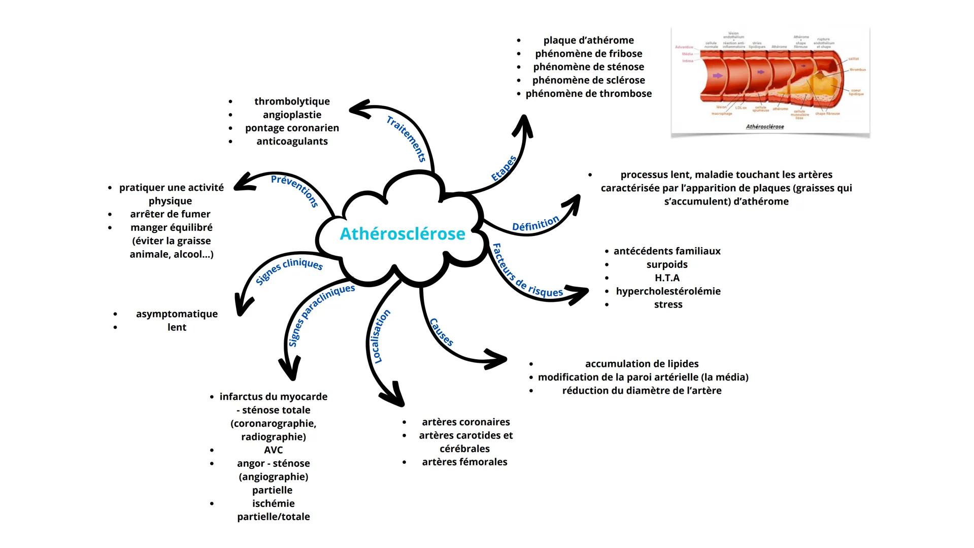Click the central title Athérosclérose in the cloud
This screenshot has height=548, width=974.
click(x=402, y=234)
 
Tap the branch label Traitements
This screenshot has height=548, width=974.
click(x=406, y=139)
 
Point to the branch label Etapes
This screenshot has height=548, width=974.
click(x=503, y=168)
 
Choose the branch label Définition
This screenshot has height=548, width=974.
click(x=535, y=224)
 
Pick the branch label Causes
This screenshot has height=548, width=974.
click(x=441, y=332)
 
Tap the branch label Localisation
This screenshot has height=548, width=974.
click(x=379, y=336)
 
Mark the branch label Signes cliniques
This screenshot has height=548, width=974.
click(x=289, y=269)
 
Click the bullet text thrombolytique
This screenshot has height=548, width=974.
click(x=292, y=101)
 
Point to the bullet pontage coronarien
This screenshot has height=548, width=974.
click(x=292, y=128)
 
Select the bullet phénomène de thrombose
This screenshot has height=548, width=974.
click(x=588, y=93)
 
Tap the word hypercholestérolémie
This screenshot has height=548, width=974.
click(x=668, y=291)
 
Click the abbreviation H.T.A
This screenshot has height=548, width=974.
click(x=667, y=278)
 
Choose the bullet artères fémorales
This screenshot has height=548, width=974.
click(x=464, y=462)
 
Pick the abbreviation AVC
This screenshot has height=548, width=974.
click(x=273, y=450)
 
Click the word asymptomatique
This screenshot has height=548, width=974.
click(x=177, y=314)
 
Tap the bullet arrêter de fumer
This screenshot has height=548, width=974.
click(x=170, y=214)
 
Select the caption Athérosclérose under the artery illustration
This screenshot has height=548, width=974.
click(x=764, y=127)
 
